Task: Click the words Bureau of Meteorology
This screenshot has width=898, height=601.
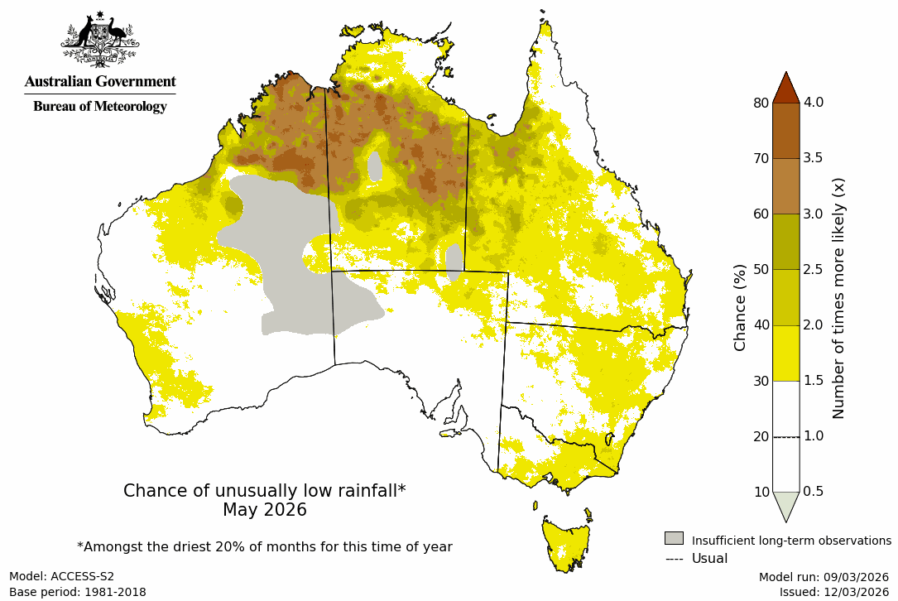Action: pyautogui.click(x=99, y=107)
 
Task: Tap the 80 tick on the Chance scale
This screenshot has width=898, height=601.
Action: pyautogui.click(x=761, y=103)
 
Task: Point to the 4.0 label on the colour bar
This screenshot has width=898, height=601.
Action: pyautogui.click(x=814, y=103)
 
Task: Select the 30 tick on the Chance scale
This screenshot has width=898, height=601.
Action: pyautogui.click(x=761, y=381)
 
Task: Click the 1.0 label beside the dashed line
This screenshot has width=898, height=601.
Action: pyautogui.click(x=814, y=436)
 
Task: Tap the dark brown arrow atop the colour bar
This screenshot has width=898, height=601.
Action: pyautogui.click(x=785, y=88)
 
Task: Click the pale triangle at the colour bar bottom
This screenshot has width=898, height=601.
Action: pyautogui.click(x=785, y=505)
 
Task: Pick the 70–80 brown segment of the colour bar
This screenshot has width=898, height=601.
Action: pyautogui.click(x=785, y=131)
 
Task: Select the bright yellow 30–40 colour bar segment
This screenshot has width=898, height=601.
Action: pyautogui.click(x=785, y=353)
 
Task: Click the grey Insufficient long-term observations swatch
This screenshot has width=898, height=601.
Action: pyautogui.click(x=674, y=539)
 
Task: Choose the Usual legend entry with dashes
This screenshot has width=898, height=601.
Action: pyautogui.click(x=696, y=559)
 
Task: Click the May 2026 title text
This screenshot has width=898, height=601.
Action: pyautogui.click(x=264, y=510)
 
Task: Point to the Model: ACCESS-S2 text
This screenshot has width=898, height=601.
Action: pyautogui.click(x=61, y=576)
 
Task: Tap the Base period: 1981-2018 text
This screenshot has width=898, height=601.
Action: pyautogui.click(x=78, y=592)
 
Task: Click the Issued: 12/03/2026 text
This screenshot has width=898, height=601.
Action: pyautogui.click(x=833, y=592)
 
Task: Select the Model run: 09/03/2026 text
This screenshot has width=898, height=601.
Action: pyautogui.click(x=824, y=576)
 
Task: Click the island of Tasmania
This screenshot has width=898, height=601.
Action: pyautogui.click(x=567, y=542)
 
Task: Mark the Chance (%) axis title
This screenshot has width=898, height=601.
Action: pyautogui.click(x=740, y=307)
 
